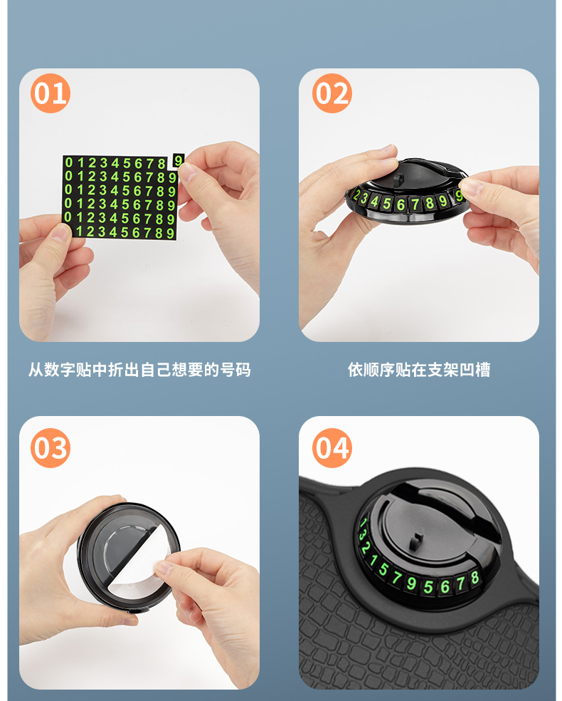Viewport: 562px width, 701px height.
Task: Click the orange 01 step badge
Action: point(51,93)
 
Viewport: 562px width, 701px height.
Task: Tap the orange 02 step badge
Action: point(332,93)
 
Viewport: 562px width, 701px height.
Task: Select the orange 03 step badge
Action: point(51,448)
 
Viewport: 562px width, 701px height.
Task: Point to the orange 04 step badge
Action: point(332,448)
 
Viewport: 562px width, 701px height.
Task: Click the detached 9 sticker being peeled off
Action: point(178,160)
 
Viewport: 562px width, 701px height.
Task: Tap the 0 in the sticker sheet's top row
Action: point(69,162)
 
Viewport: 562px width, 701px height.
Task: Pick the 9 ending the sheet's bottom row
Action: point(170,233)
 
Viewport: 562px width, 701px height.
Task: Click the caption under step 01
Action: point(139,370)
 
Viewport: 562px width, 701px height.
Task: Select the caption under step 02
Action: point(419,370)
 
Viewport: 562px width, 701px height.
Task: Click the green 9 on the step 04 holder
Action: point(411,583)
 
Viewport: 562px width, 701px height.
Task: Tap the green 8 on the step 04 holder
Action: point(474,577)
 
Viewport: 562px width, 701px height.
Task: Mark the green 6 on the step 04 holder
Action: point(445,586)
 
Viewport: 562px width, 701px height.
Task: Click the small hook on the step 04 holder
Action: point(416,541)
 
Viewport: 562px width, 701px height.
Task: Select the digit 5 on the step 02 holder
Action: point(386,204)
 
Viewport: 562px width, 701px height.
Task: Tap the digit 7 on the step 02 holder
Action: point(415,204)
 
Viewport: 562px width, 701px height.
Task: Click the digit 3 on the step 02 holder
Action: point(364,198)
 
